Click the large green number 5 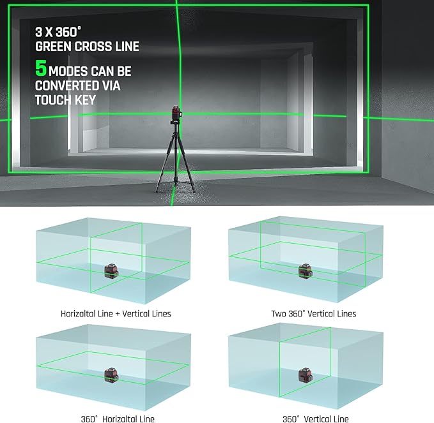pos(41,68)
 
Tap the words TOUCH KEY pos(65,100)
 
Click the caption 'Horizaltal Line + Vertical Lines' pos(116,313)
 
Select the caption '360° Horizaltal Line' pos(118,419)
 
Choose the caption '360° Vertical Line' pos(316,419)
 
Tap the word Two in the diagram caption pos(279,313)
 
